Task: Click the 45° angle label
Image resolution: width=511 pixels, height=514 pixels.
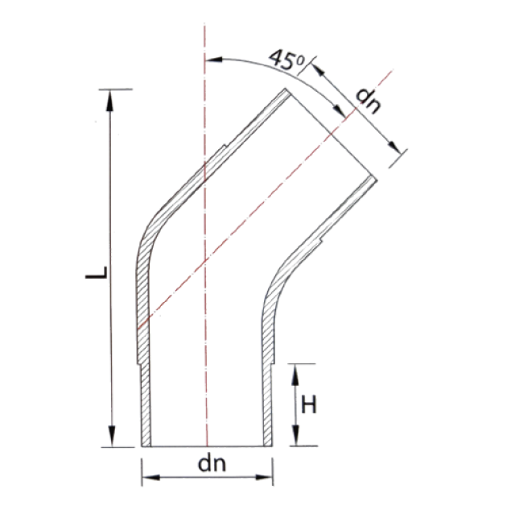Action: (286, 60)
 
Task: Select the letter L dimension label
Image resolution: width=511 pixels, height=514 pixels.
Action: (97, 273)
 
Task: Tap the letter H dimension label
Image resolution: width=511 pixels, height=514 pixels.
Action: (309, 404)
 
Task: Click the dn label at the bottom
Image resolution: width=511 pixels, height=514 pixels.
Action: (212, 463)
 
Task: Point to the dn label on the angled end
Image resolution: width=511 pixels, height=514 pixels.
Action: (369, 101)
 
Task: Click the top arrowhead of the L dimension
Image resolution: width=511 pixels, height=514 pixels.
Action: (109, 101)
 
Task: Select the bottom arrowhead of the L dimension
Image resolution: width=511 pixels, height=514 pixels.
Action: (112, 436)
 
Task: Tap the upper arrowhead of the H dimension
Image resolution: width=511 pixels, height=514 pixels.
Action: (295, 375)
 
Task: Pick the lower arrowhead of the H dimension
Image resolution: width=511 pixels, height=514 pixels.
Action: (295, 435)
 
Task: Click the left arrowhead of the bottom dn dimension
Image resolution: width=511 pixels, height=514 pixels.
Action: (151, 477)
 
